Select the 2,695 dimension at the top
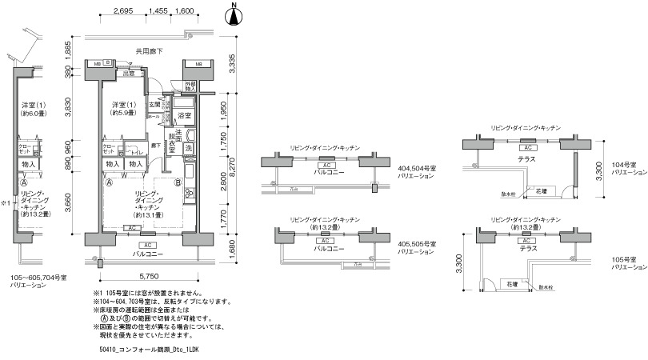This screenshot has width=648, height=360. [122, 11]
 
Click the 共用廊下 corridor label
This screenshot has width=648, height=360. [149, 51]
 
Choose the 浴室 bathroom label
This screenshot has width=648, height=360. [185, 116]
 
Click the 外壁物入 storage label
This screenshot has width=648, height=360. [191, 86]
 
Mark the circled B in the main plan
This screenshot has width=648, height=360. [177, 182]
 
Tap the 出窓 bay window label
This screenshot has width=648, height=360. [128, 74]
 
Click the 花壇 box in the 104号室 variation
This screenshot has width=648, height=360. [542, 192]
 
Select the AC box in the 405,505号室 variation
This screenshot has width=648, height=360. [326, 240]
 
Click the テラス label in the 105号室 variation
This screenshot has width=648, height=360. [528, 249]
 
